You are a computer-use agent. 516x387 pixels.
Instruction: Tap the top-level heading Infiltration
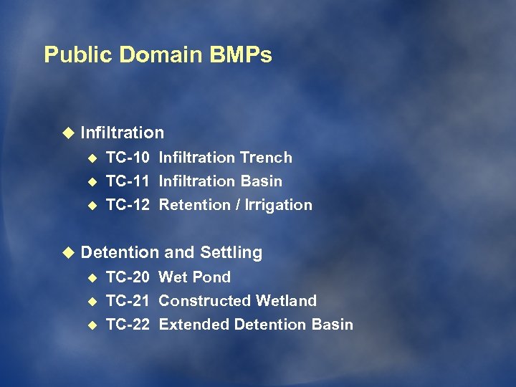pos(122,133)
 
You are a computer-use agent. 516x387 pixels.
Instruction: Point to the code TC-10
pos(128,158)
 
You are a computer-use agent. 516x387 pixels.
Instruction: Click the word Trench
pos(265,158)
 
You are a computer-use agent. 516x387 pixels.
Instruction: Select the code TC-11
pos(128,181)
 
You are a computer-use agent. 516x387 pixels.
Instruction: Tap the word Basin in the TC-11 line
pos(261,181)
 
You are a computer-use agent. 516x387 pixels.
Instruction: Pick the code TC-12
pos(128,205)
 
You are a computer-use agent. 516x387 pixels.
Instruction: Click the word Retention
pos(193,205)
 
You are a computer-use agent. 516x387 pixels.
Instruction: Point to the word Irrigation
pos(279,206)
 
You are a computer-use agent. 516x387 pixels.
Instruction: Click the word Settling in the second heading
pos(231,253)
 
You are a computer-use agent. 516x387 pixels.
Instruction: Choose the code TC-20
pos(128,277)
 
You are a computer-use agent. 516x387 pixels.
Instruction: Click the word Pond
pos(214,277)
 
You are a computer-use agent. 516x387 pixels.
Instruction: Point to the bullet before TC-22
pos(91,325)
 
